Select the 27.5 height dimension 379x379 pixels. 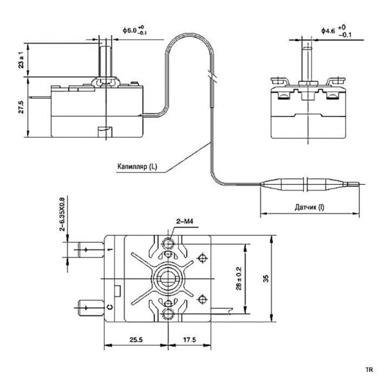pos(22,107)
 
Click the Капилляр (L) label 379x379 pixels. pos(136,167)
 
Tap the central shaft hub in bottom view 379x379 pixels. pos(168,280)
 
